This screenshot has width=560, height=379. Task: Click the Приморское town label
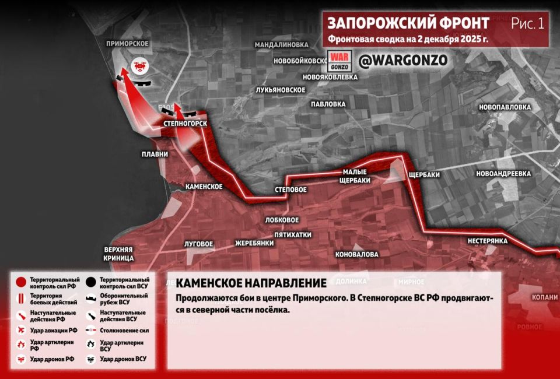[127, 44]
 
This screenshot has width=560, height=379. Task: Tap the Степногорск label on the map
[186, 124]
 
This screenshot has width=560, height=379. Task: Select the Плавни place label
[155, 155]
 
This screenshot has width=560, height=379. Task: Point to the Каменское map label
[204, 187]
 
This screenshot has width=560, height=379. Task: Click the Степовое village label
[290, 190]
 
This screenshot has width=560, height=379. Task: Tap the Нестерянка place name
[487, 241]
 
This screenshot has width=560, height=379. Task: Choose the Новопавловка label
[505, 107]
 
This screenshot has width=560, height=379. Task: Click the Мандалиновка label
[281, 44]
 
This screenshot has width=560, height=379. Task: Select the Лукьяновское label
[281, 90]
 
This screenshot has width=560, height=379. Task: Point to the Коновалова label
[356, 254]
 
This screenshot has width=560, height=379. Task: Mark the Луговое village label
[198, 244]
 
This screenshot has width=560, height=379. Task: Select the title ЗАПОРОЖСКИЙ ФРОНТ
[408, 23]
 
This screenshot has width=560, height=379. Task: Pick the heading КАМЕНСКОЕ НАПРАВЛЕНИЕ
[251, 283]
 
